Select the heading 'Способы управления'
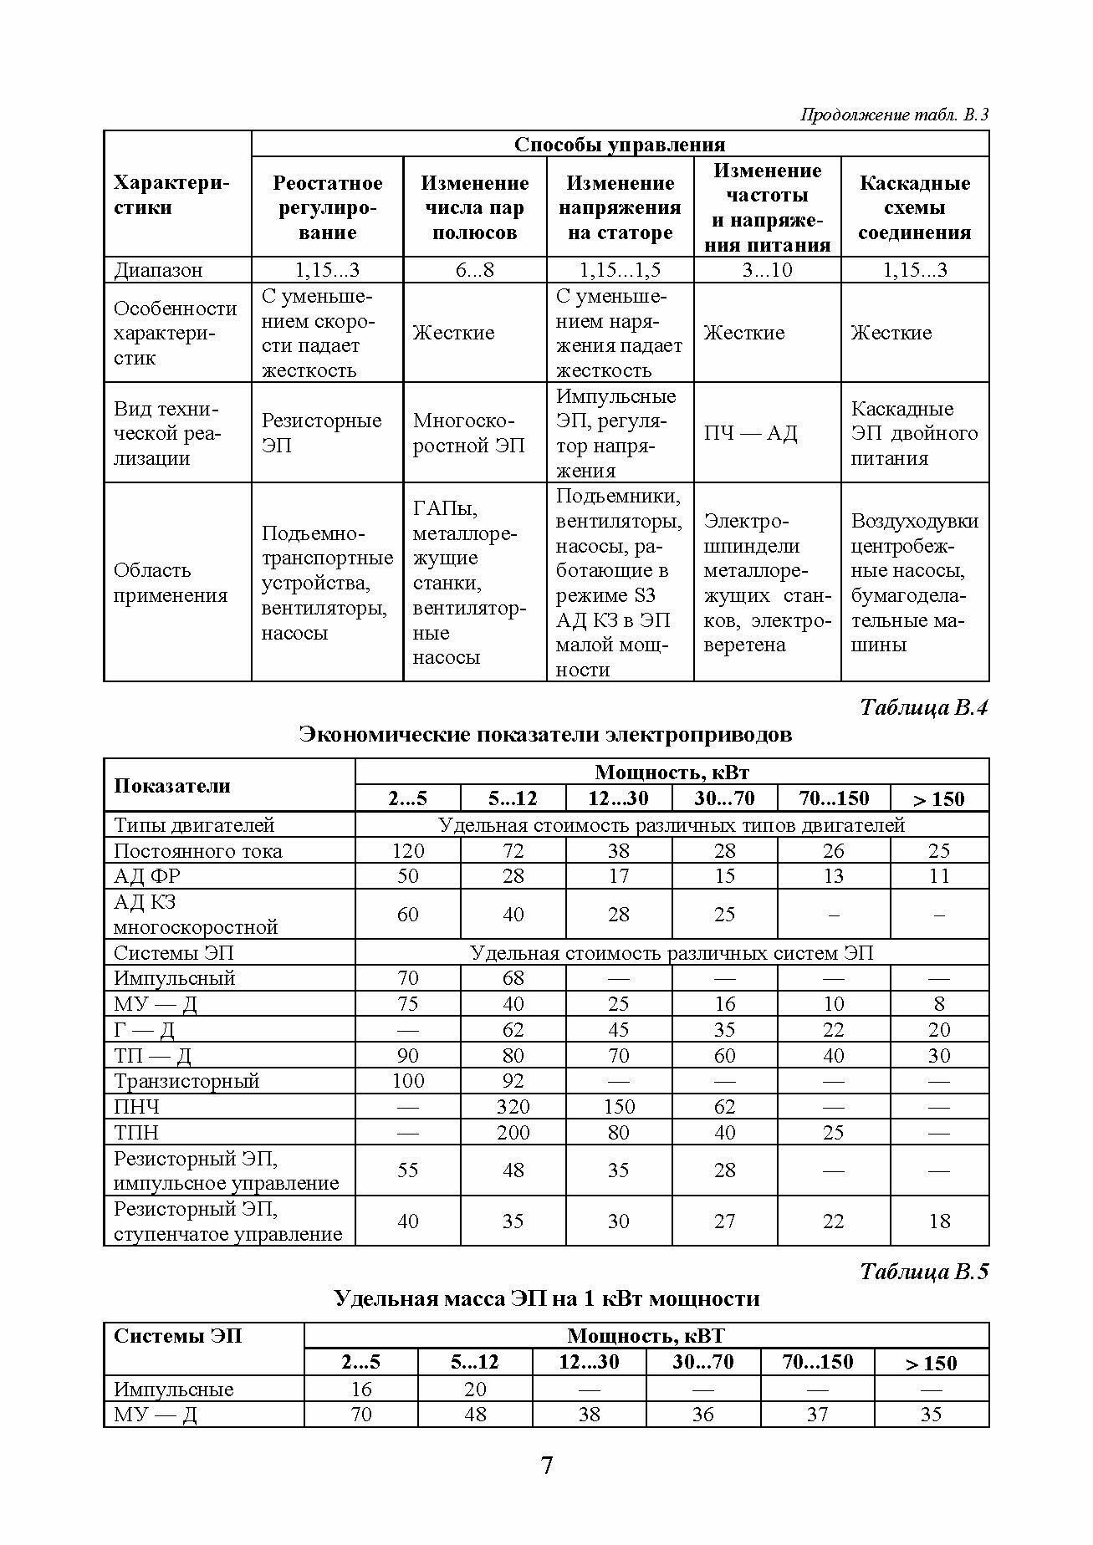[x=620, y=145]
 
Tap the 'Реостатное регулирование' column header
[x=328, y=207]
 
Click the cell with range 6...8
[x=474, y=270]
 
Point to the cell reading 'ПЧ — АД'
[x=751, y=433]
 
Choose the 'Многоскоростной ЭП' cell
[x=468, y=433]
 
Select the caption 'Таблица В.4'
[x=923, y=707]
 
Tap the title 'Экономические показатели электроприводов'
[x=545, y=735]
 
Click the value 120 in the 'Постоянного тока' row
[x=408, y=851]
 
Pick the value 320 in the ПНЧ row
[x=513, y=1107]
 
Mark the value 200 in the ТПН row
[x=513, y=1133]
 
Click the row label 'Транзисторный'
[x=186, y=1081]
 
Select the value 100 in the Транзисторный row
[x=408, y=1081]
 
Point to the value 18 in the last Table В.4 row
[x=939, y=1221]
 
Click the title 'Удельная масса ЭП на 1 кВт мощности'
[x=546, y=1298]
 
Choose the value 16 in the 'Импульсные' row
[x=361, y=1389]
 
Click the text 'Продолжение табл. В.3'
[x=894, y=115]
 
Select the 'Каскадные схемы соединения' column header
[x=915, y=207]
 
